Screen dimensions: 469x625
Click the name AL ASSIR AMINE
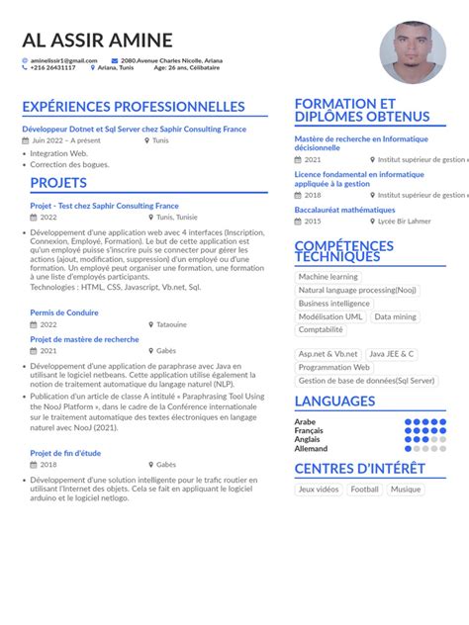(x=97, y=41)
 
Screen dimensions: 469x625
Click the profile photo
(x=412, y=53)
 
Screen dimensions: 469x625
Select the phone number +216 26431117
(x=52, y=68)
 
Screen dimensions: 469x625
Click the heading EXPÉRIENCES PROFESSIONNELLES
(x=133, y=107)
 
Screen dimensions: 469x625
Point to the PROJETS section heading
(x=58, y=183)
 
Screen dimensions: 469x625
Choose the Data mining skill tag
(x=395, y=316)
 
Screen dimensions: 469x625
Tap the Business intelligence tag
(x=333, y=304)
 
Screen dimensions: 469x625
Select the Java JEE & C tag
(x=391, y=354)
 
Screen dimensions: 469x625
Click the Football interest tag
(x=364, y=489)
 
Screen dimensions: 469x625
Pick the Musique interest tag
(x=405, y=489)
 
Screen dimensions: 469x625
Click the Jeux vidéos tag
(x=318, y=489)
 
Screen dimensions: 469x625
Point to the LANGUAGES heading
(x=334, y=402)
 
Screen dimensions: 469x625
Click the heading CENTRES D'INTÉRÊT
(x=359, y=468)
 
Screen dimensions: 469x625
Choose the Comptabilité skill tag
(x=321, y=329)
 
